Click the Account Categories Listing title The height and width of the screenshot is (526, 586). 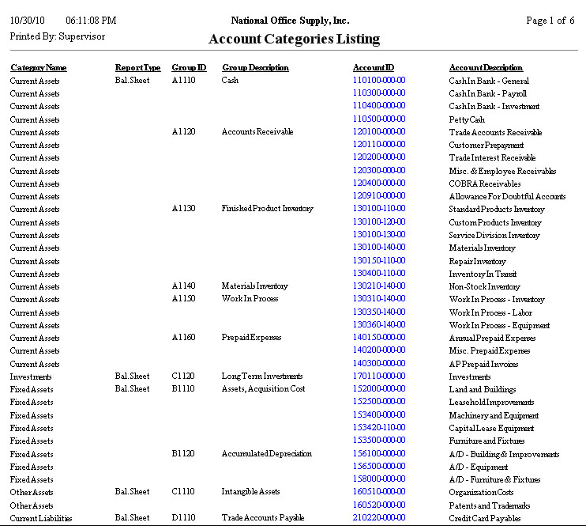click(x=294, y=39)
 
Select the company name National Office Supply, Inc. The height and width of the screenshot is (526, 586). click(x=290, y=21)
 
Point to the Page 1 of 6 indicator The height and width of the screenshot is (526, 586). click(x=550, y=21)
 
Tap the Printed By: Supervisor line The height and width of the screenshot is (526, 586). click(x=57, y=36)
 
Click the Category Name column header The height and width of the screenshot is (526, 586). click(x=38, y=68)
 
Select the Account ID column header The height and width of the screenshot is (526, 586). click(x=373, y=68)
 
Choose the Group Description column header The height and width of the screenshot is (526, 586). click(x=255, y=68)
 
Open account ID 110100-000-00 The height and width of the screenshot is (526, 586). click(x=379, y=81)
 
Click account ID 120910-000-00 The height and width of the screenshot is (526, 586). click(x=379, y=196)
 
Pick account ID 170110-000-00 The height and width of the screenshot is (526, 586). click(x=379, y=377)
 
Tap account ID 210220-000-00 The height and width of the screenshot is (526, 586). click(x=379, y=518)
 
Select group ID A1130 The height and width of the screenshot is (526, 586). click(x=184, y=209)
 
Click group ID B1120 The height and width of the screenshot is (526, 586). click(x=184, y=454)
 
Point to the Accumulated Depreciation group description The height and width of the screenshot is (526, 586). click(x=266, y=454)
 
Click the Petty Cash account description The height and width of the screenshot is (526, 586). click(x=467, y=119)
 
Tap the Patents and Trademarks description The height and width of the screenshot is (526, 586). click(x=489, y=505)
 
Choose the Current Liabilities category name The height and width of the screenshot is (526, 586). click(x=40, y=518)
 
